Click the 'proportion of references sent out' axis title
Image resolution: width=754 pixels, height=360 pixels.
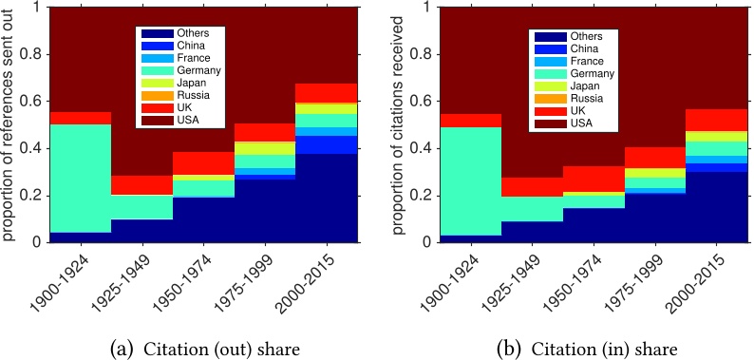(x=9, y=123)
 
